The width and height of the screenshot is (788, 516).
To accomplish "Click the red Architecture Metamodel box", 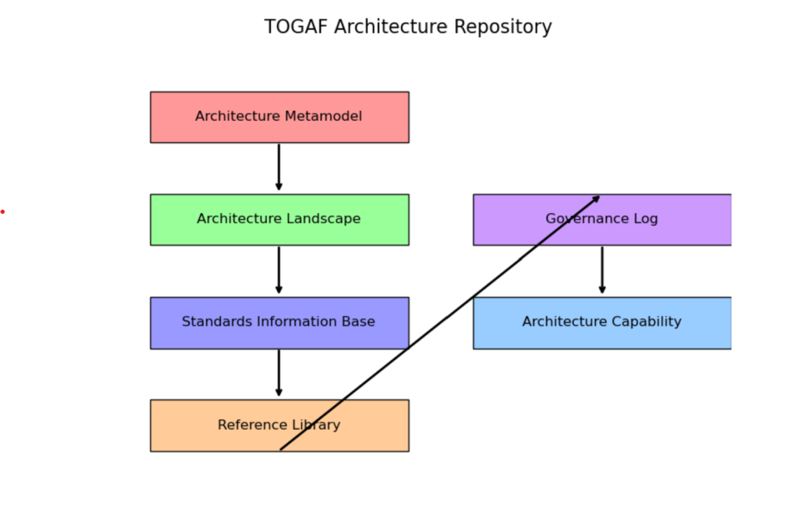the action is (279, 117).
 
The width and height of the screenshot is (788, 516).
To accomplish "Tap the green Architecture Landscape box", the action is (279, 220).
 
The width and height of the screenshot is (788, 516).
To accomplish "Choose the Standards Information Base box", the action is (279, 322).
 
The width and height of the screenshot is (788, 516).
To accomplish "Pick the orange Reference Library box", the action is (279, 425).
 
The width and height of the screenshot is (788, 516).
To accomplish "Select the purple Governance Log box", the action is (602, 220).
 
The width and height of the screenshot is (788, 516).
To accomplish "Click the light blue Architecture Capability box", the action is (602, 322).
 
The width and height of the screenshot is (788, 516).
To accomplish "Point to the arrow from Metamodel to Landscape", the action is (279, 168).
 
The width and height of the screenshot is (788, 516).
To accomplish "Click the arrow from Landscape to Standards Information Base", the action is (279, 271).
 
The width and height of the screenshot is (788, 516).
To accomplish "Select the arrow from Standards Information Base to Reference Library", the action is (279, 373).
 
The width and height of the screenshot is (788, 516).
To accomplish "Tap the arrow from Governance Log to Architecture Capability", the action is (602, 271).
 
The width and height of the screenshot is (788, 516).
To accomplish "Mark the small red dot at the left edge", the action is (2, 212).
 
